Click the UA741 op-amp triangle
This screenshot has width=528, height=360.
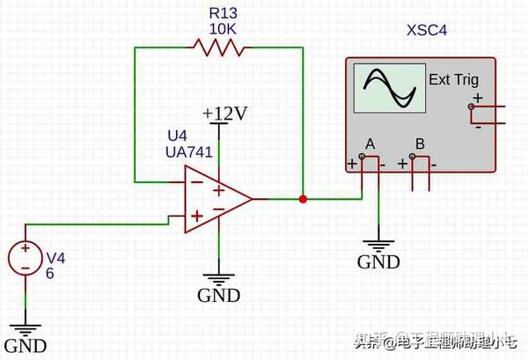point(215,199)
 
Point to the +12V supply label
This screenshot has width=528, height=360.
point(224,113)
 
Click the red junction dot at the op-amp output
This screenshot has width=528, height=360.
point(303,199)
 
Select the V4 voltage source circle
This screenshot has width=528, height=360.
point(26,258)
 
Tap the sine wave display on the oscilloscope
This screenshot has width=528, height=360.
point(387,89)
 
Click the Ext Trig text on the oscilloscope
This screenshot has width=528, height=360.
point(453,80)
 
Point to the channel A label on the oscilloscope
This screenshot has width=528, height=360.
point(370,143)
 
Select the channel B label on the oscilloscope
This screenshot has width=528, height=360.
point(420,143)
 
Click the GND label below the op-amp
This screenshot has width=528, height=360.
point(218,295)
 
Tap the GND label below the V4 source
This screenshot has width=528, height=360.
point(26,345)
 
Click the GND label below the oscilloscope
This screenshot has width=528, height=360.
point(378,261)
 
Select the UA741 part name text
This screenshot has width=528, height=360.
point(190,152)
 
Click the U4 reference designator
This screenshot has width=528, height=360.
point(177,136)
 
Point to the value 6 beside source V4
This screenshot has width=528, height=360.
point(51,273)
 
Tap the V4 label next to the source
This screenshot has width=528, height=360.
point(55,258)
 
